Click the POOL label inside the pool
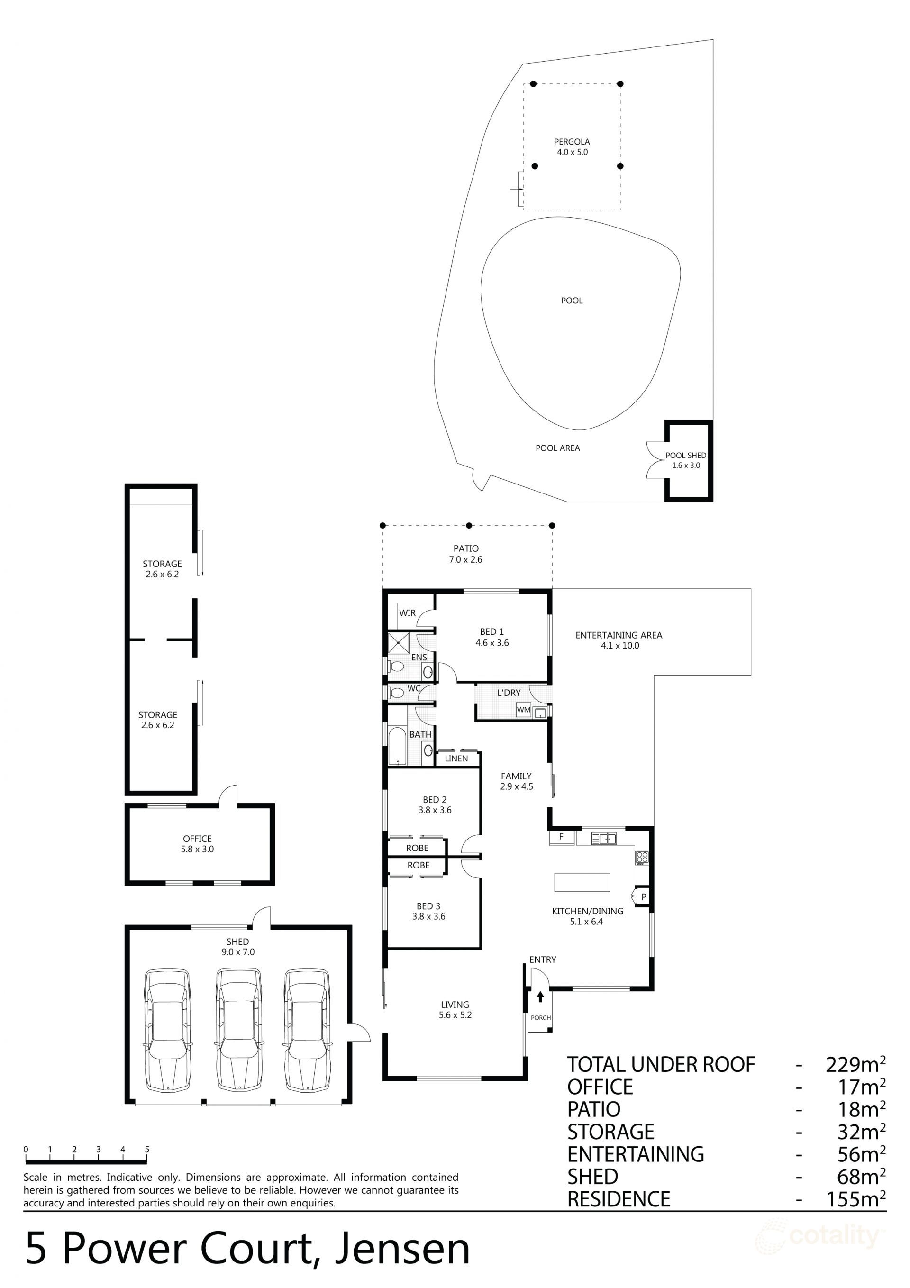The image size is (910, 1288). click(572, 301)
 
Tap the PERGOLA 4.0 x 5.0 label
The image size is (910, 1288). click(572, 147)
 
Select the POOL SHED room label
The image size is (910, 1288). click(686, 460)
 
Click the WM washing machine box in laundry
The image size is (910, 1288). click(523, 710)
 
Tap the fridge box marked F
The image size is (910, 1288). click(561, 836)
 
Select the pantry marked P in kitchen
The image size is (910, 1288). click(643, 896)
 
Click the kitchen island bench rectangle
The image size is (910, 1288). click(582, 882)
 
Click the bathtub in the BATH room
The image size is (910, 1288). click(397, 746)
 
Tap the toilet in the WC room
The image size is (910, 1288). click(396, 693)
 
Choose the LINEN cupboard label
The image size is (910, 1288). click(456, 758)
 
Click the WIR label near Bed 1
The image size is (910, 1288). click(407, 613)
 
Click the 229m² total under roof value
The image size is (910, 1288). click(855, 1064)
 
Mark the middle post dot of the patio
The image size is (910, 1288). click(469, 526)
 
